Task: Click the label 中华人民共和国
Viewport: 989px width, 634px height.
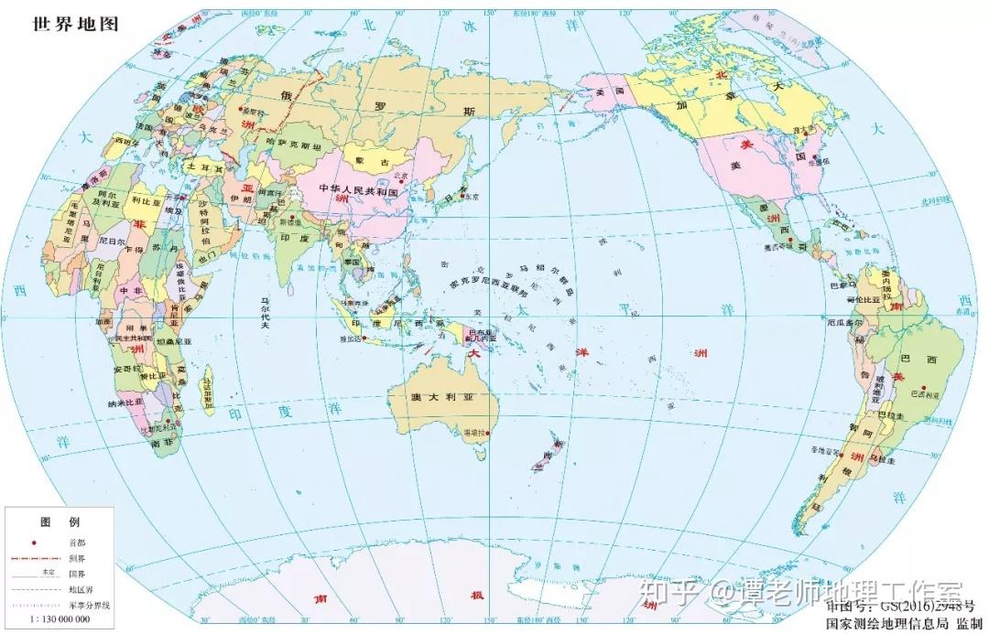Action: tap(357, 192)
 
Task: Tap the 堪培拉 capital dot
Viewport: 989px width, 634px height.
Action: tap(489, 433)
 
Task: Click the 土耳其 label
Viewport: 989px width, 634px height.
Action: tap(198, 168)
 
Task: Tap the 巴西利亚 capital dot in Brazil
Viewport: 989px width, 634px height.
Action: tap(924, 387)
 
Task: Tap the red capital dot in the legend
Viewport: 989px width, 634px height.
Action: tap(34, 543)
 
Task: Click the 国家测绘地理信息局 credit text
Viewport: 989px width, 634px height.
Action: tap(886, 623)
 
